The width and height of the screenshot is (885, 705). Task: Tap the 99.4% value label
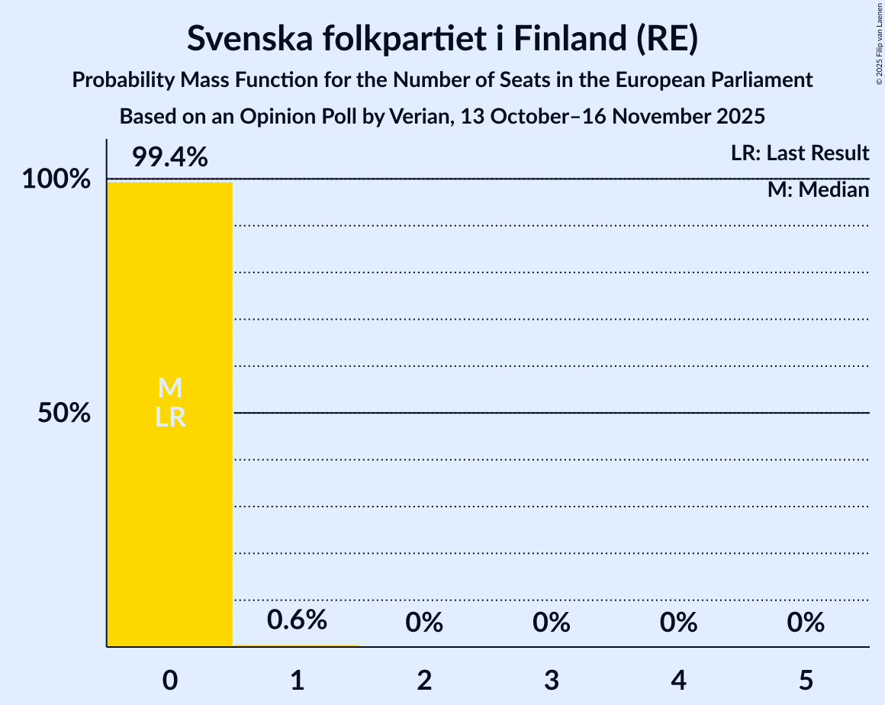[169, 157]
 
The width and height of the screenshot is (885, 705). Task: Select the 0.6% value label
[297, 620]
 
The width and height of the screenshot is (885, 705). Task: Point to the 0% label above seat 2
[424, 623]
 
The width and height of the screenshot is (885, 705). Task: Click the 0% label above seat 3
[552, 623]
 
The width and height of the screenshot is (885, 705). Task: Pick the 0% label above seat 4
[679, 623]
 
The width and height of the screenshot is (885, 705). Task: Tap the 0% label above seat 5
[806, 623]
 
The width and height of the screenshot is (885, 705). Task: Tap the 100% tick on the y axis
[56, 180]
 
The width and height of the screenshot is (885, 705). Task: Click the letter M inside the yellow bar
[169, 388]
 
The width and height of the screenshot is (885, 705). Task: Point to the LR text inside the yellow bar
[169, 417]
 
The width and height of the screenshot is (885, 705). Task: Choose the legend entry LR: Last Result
[800, 153]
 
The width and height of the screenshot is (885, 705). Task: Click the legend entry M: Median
[818, 190]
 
